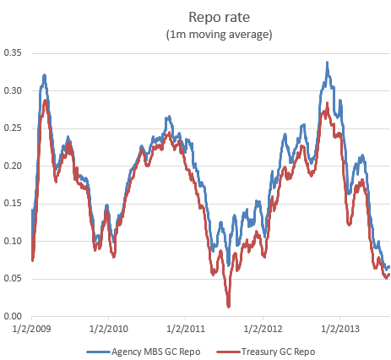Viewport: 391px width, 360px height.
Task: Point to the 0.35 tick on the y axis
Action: (14, 52)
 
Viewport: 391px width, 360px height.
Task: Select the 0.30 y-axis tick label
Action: (14, 90)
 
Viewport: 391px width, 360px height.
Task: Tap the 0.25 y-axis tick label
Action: (14, 128)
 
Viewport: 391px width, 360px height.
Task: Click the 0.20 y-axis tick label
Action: (14, 166)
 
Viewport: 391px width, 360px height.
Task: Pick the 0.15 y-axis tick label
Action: (14, 204)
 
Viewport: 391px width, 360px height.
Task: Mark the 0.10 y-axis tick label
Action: (14, 241)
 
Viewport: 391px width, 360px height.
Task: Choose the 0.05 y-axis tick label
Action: (14, 279)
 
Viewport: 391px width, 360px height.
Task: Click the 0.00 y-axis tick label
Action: (14, 317)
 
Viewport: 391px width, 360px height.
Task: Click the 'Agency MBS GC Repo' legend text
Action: (150, 350)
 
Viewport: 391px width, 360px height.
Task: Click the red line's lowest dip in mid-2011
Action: (228, 305)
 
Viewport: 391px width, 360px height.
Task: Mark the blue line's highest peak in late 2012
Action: (327, 63)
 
